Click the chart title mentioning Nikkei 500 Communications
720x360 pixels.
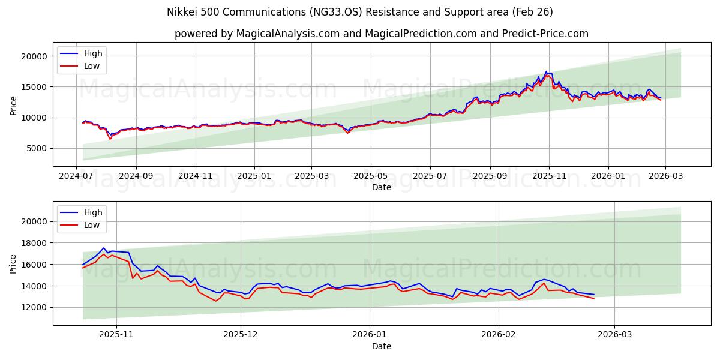[360, 12]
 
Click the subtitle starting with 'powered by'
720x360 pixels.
[382, 34]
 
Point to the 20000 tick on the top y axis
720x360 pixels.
[34, 56]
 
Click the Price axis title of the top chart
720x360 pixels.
[13, 105]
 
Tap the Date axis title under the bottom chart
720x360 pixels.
[382, 346]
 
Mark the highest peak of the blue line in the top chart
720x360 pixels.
[546, 72]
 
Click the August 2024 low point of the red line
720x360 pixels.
[110, 139]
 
